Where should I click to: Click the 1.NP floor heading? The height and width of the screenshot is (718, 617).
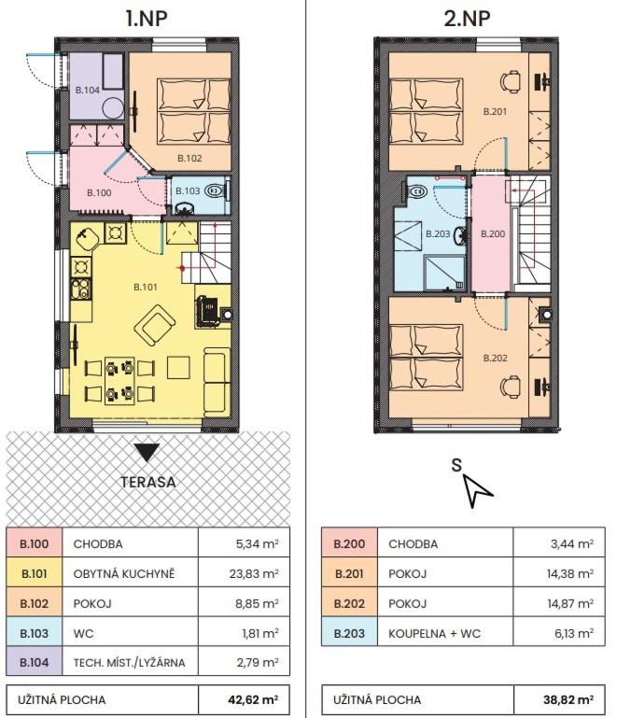click(x=147, y=18)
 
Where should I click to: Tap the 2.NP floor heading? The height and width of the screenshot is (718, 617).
click(x=467, y=18)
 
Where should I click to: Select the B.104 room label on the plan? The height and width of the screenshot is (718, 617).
click(x=88, y=91)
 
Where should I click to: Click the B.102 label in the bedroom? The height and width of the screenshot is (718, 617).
click(x=189, y=159)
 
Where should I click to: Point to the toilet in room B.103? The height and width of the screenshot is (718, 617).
click(x=214, y=190)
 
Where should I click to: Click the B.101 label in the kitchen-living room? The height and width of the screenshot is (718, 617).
click(x=145, y=288)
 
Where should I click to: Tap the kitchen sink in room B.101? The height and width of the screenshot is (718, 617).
click(x=88, y=238)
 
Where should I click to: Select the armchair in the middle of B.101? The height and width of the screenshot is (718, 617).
click(x=155, y=326)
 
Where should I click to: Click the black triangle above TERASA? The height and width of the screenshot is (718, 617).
click(x=147, y=453)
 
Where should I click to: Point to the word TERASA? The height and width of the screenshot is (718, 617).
click(x=147, y=482)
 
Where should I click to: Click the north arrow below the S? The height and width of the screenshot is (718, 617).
click(x=477, y=490)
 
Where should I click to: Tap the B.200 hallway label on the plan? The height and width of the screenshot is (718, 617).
click(x=493, y=234)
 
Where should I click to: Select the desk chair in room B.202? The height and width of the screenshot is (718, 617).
click(x=511, y=387)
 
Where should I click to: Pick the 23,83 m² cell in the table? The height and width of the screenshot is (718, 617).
click(x=244, y=573)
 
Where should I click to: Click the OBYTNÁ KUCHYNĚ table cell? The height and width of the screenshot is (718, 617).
click(x=130, y=573)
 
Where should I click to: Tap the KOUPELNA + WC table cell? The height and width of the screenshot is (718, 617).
click(x=445, y=633)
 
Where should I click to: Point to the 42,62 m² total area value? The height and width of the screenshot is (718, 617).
click(x=253, y=699)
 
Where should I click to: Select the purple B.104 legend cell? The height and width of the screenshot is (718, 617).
click(x=35, y=662)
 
